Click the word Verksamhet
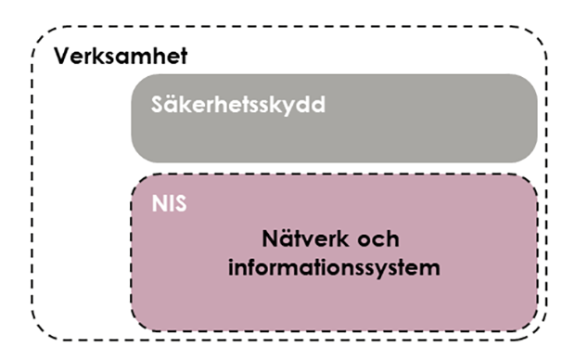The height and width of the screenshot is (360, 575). (x=121, y=55)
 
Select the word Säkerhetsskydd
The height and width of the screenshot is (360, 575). (x=238, y=104)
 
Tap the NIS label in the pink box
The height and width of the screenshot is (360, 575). (x=169, y=202)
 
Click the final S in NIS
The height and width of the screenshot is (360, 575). (x=180, y=202)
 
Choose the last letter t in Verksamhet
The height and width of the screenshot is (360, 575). (x=184, y=55)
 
